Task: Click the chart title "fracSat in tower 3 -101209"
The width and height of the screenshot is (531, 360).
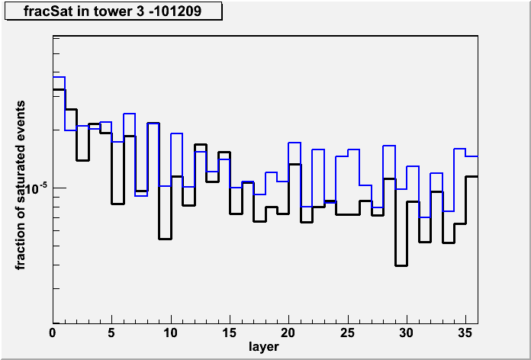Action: (x=112, y=11)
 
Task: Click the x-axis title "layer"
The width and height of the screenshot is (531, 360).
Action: (x=264, y=347)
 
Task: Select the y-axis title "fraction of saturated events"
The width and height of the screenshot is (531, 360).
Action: (x=21, y=185)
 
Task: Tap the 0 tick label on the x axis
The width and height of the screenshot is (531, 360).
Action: (x=53, y=333)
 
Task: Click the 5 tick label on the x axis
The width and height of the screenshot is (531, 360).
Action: (x=111, y=333)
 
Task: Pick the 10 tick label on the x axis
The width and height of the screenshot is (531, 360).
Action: (x=171, y=333)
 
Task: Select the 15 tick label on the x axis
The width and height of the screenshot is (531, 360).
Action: (x=230, y=333)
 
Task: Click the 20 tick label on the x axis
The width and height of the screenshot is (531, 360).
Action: (x=288, y=333)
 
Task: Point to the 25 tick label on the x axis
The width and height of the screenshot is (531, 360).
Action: (x=347, y=333)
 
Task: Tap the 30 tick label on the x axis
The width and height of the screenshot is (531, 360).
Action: (x=407, y=333)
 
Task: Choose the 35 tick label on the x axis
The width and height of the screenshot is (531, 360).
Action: (x=465, y=333)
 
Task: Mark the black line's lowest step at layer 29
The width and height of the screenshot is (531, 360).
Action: (x=401, y=265)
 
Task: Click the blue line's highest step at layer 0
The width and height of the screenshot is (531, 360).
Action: (x=59, y=77)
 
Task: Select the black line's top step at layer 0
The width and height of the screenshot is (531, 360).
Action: (x=59, y=89)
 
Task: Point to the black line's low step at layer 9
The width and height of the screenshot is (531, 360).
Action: (x=165, y=239)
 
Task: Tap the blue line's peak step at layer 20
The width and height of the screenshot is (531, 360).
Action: (x=294, y=143)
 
